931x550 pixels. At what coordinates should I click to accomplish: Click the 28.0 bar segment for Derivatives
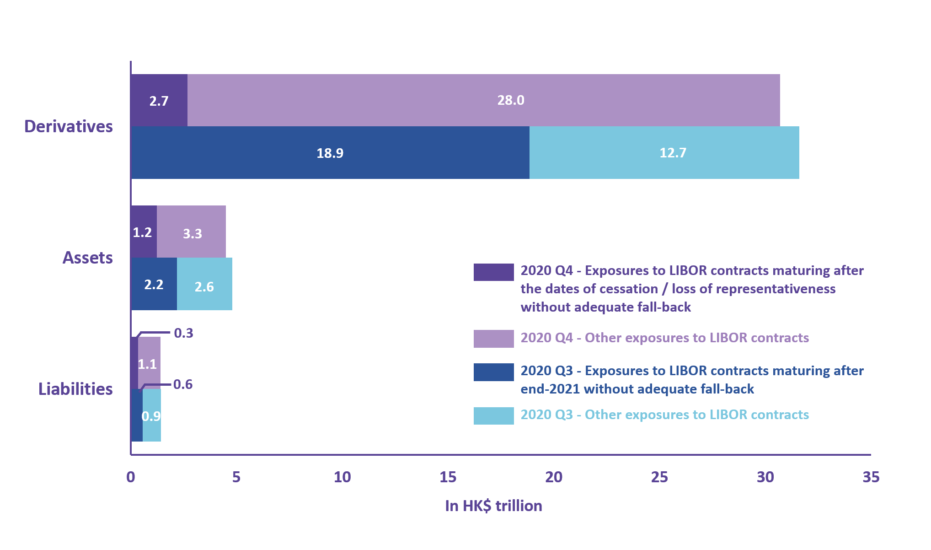(x=483, y=100)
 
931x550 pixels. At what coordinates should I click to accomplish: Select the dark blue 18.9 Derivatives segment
(x=330, y=153)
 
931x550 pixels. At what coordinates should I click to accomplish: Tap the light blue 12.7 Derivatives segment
(x=664, y=153)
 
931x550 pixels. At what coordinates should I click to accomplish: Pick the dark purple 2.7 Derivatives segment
(x=159, y=101)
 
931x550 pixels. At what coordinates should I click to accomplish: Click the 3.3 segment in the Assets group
(x=192, y=232)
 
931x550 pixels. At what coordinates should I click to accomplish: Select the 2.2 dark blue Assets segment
(x=154, y=284)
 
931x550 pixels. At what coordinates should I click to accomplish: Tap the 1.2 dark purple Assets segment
(x=143, y=232)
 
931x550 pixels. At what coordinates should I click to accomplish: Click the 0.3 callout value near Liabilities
(x=183, y=333)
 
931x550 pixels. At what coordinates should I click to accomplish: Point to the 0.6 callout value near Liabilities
(x=183, y=384)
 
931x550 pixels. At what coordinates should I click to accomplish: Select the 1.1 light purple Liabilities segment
(x=149, y=364)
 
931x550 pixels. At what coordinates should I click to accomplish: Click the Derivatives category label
(x=69, y=126)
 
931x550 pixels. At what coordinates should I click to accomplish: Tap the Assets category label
(x=87, y=258)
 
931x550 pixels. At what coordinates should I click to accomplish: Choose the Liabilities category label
(x=75, y=389)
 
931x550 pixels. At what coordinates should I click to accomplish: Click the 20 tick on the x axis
(x=553, y=477)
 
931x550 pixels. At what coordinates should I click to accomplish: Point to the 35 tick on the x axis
(x=870, y=477)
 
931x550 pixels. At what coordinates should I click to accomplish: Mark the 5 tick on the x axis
(x=236, y=477)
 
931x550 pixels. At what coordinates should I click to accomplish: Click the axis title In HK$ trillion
(x=493, y=506)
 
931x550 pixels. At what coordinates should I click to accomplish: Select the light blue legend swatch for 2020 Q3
(x=493, y=415)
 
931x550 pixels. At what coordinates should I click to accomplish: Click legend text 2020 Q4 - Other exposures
(x=664, y=338)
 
